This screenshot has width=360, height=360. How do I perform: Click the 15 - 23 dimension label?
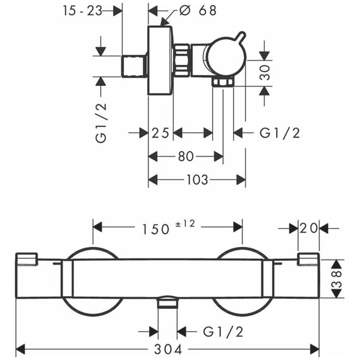pos(83,11)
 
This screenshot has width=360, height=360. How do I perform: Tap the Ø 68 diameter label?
pos(198,10)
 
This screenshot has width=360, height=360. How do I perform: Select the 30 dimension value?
pos(265,73)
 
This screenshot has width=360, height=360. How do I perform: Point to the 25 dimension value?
pos(160,133)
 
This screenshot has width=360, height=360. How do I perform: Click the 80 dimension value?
pos(186,157)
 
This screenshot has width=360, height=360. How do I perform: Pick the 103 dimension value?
pos(197,179)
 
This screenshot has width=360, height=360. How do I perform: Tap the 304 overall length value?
pos(168,349)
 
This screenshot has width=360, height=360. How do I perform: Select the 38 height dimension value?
pos(337,279)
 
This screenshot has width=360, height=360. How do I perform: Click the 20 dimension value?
pos(309,228)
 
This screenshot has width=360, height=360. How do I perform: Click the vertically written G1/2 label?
pos(101,123)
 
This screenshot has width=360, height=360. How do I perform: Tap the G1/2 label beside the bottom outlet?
pos(223,332)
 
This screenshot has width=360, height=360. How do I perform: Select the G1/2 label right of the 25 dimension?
pos(280,133)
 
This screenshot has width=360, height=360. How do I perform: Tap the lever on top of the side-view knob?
pos(241,37)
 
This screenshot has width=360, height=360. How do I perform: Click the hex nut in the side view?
pos(181,60)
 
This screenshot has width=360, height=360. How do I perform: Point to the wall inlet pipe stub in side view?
pos(134,66)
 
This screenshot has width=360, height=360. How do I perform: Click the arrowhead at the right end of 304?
pos(315,349)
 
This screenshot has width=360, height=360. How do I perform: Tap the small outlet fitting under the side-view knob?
pos(223,82)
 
